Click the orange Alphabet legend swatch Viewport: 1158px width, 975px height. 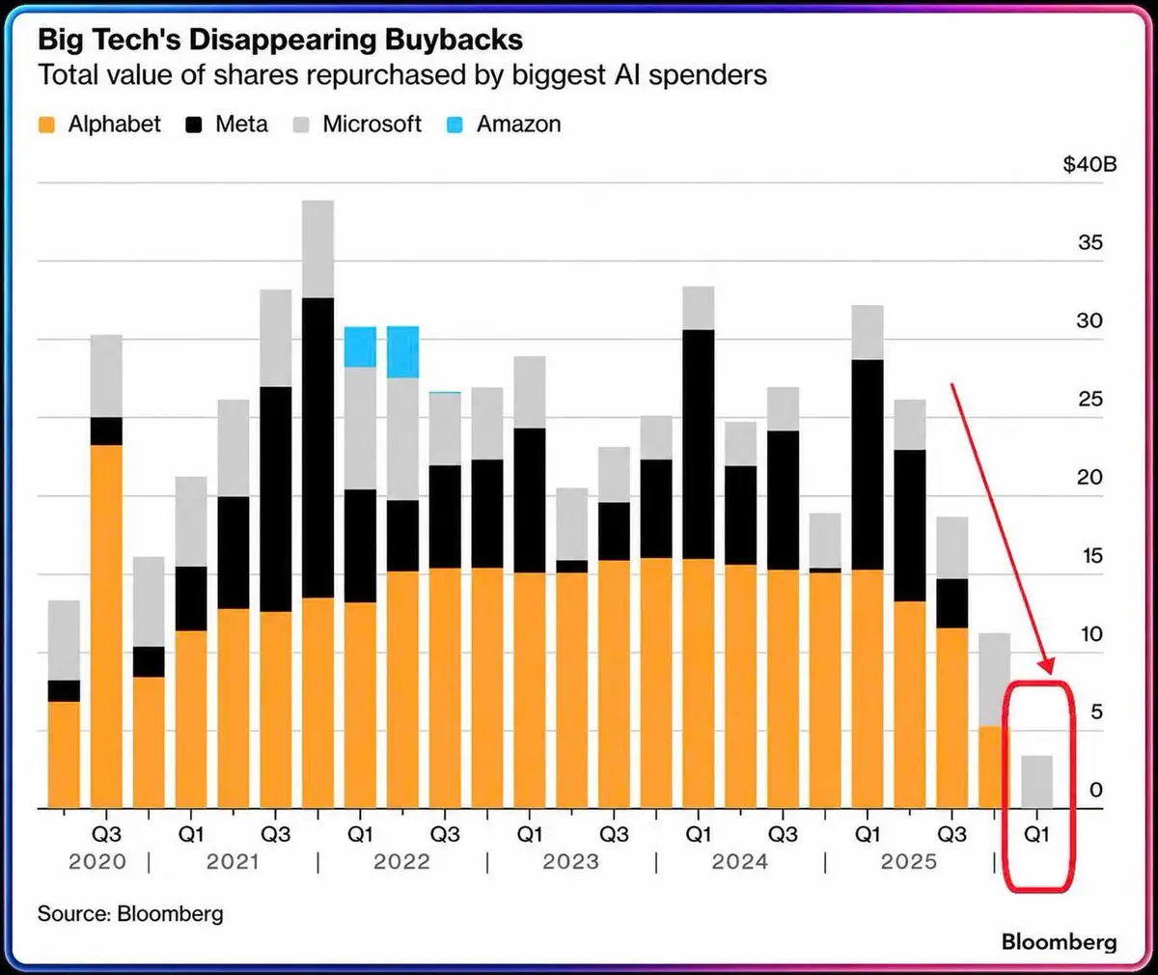tap(46, 125)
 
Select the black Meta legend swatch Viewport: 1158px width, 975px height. tap(194, 125)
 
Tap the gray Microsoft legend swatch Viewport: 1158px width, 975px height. tap(300, 125)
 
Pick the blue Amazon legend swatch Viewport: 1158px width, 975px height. tap(455, 125)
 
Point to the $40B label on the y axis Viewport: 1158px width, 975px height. tap(1089, 164)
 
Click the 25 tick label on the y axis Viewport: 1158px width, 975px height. tap(1090, 399)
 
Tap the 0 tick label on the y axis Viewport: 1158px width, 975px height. tap(1096, 790)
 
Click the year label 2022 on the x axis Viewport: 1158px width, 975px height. tap(402, 862)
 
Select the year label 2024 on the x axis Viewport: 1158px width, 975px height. tap(740, 862)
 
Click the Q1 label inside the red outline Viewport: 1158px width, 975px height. tap(1036, 834)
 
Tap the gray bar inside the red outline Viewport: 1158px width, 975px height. tap(1036, 782)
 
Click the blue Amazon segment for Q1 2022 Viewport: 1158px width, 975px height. tap(361, 347)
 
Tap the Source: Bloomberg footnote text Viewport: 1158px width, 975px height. tap(130, 913)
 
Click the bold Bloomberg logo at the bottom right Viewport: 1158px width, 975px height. tap(1060, 942)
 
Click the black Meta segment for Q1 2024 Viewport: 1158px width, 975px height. tap(699, 444)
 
